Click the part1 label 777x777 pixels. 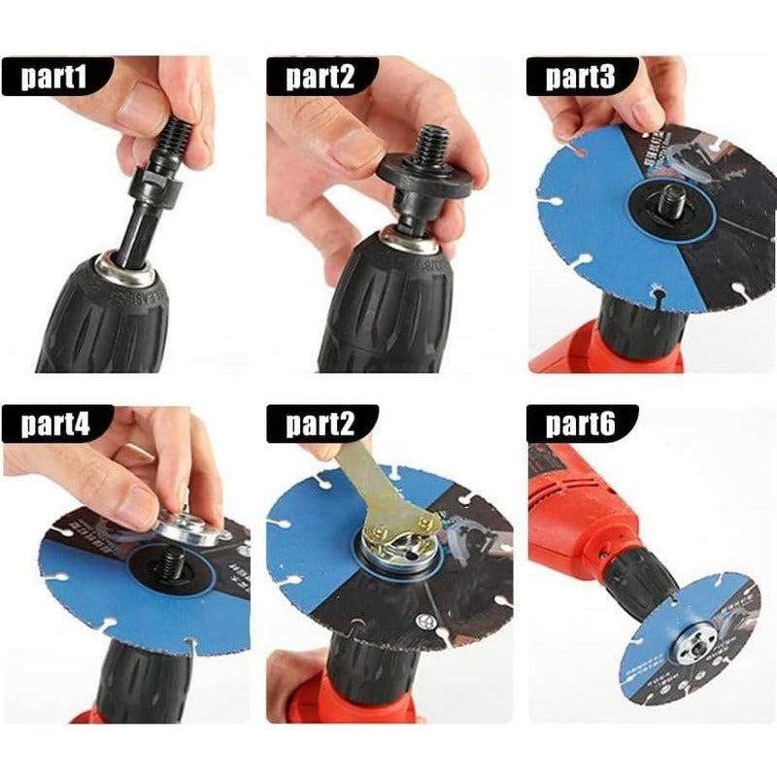[56, 76]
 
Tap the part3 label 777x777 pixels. [581, 76]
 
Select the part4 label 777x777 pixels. [56, 423]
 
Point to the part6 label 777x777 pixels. [581, 423]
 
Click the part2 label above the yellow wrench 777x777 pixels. [321, 423]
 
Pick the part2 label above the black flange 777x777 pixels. [321, 76]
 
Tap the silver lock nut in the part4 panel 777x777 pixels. [190, 529]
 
